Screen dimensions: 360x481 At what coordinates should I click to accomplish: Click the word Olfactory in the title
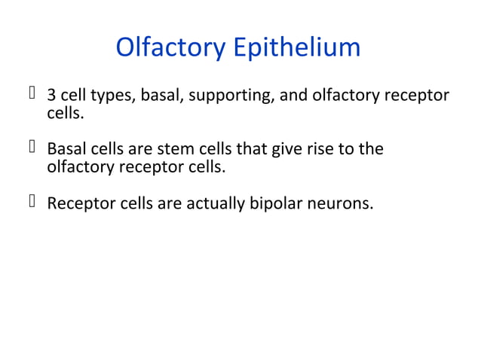[170, 47]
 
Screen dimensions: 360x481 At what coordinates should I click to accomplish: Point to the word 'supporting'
[213, 96]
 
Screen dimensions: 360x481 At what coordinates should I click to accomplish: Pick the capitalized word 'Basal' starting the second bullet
[65, 149]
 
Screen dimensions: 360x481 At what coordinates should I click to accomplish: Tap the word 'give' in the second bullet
[287, 149]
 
